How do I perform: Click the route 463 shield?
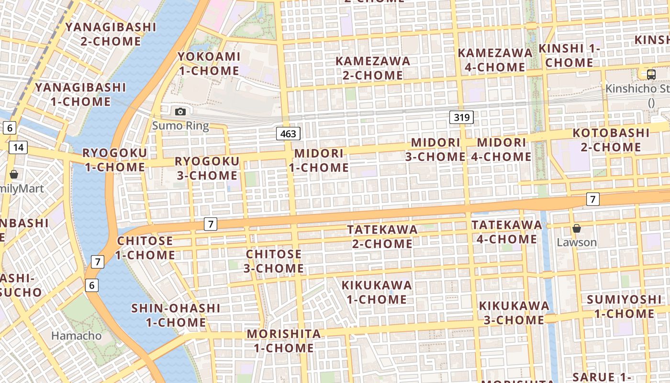click(x=288, y=134)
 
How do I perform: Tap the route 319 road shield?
click(x=461, y=117)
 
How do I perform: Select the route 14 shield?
click(x=18, y=147)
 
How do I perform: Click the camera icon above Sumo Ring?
click(x=180, y=112)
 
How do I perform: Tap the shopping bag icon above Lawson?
click(x=577, y=228)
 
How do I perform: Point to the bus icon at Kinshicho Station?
click(x=651, y=75)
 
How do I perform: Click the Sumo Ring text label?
click(x=180, y=126)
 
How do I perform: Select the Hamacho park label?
click(x=77, y=336)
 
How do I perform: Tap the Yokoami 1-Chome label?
click(x=209, y=64)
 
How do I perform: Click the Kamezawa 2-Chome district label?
click(x=373, y=68)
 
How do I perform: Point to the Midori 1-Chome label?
click(x=319, y=160)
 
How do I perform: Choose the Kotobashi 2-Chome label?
click(x=611, y=140)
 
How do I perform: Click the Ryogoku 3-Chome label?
click(x=207, y=168)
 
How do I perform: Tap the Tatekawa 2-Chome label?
click(x=382, y=237)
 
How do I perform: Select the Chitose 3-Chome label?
click(x=274, y=261)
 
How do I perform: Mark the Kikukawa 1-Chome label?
click(x=377, y=292)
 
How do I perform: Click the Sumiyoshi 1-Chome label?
click(x=624, y=306)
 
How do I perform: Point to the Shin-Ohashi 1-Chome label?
click(x=176, y=315)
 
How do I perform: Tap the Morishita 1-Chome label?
click(x=284, y=340)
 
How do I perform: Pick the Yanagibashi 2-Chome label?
click(x=111, y=34)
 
